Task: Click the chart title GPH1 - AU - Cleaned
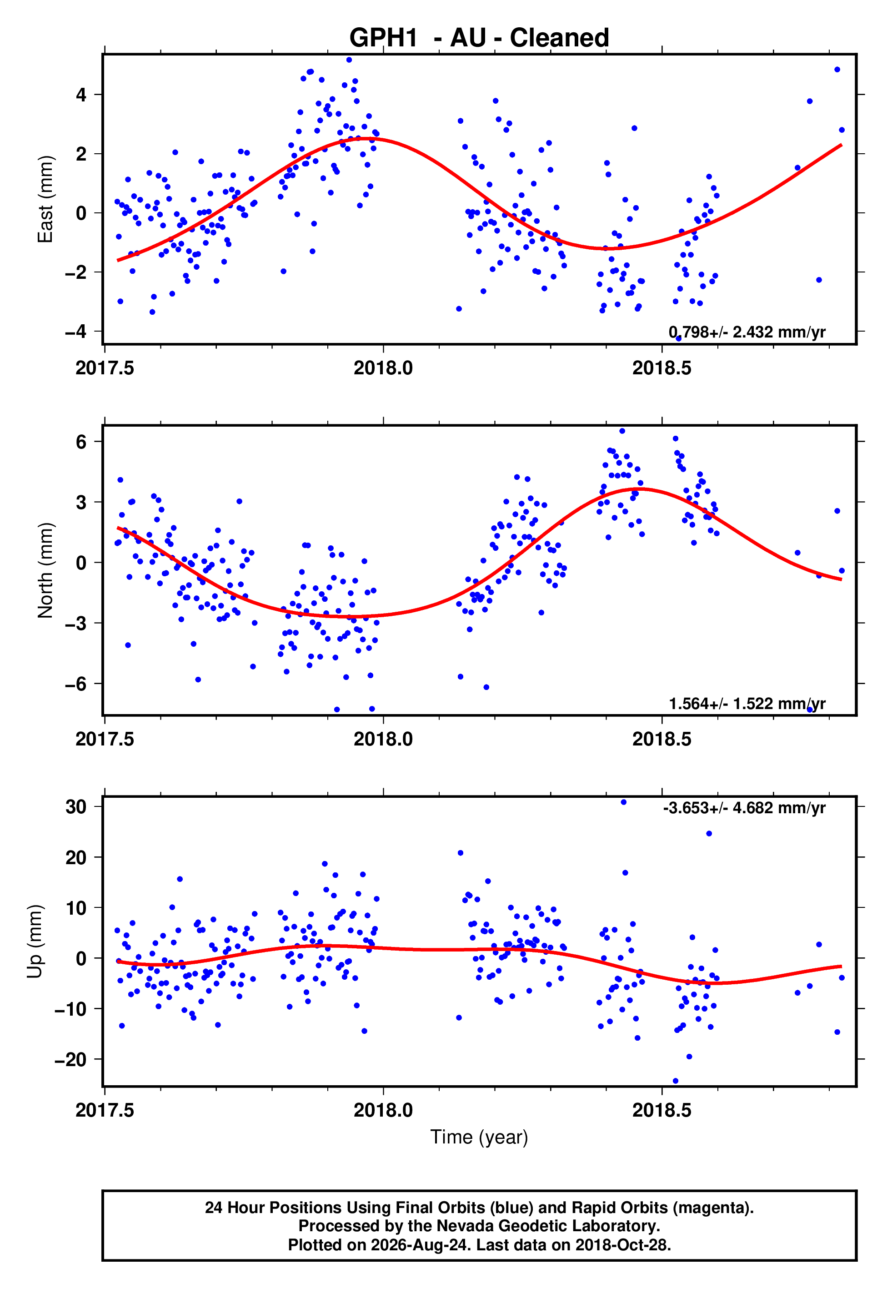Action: click(479, 38)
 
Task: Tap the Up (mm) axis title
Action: click(35, 942)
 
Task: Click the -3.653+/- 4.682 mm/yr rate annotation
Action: click(744, 808)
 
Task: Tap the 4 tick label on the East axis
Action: click(81, 95)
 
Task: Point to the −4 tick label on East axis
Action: click(76, 332)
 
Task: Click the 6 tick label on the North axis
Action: click(81, 442)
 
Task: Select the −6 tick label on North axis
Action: click(76, 684)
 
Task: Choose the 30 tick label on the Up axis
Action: click(76, 806)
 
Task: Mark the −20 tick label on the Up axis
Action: click(70, 1059)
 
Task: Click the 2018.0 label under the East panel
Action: click(383, 368)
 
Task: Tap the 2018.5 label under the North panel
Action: click(662, 739)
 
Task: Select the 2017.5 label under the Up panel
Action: click(105, 1110)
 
